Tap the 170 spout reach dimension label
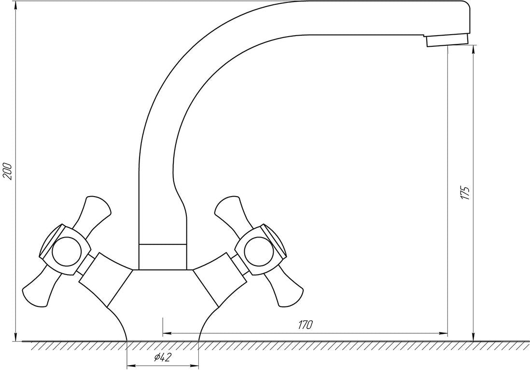click(305, 325)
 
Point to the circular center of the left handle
click(66, 250)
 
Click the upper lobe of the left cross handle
click(94, 212)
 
